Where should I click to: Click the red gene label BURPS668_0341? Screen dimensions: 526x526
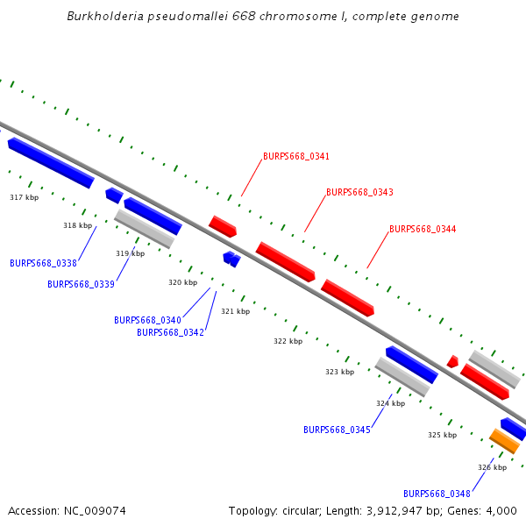pyautogui.click(x=296, y=156)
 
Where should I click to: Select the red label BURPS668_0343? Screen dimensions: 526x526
pyautogui.click(x=359, y=192)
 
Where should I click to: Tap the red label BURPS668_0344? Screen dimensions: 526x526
pyautogui.click(x=423, y=229)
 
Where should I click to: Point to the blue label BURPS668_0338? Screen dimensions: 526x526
pyautogui.click(x=43, y=263)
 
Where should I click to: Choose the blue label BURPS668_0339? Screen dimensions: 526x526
pyautogui.click(x=81, y=284)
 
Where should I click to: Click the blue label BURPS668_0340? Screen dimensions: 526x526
pyautogui.click(x=147, y=320)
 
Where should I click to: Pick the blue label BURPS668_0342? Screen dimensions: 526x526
pyautogui.click(x=170, y=332)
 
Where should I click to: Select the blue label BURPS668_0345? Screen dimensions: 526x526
pyautogui.click(x=337, y=430)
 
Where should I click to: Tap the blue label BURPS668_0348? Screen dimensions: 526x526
pyautogui.click(x=437, y=494)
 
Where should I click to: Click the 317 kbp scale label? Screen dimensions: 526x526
pyautogui.click(x=25, y=197)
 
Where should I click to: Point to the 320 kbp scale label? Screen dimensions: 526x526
pyautogui.click(x=183, y=282)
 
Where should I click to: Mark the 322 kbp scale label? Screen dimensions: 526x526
pyautogui.click(x=288, y=342)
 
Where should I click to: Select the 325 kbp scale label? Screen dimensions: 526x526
pyautogui.click(x=443, y=435)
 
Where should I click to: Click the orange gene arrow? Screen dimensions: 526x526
pyautogui.click(x=505, y=441)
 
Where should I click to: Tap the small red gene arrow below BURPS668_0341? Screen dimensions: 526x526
pyautogui.click(x=223, y=227)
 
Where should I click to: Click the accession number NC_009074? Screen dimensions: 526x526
pyautogui.click(x=95, y=511)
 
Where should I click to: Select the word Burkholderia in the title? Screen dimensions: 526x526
pyautogui.click(x=105, y=16)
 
